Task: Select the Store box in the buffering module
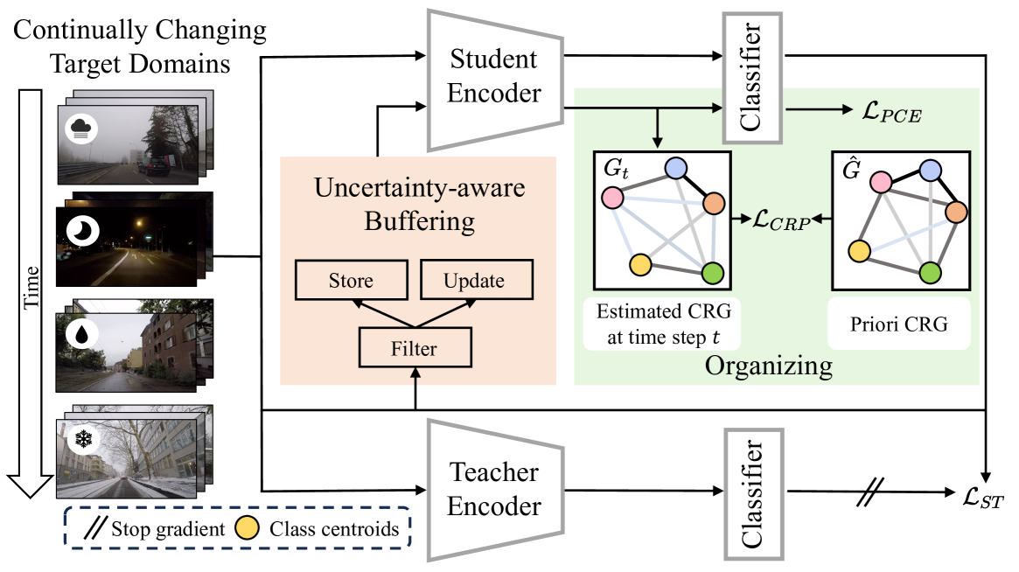(351, 282)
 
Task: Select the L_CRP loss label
(780, 220)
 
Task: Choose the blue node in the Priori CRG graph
(931, 171)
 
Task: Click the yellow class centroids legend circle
(249, 528)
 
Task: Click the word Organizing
(768, 366)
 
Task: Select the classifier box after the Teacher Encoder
(751, 493)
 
